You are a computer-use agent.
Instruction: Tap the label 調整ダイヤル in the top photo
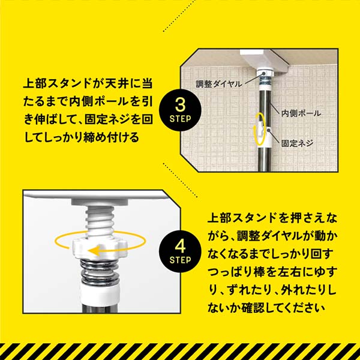217,85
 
